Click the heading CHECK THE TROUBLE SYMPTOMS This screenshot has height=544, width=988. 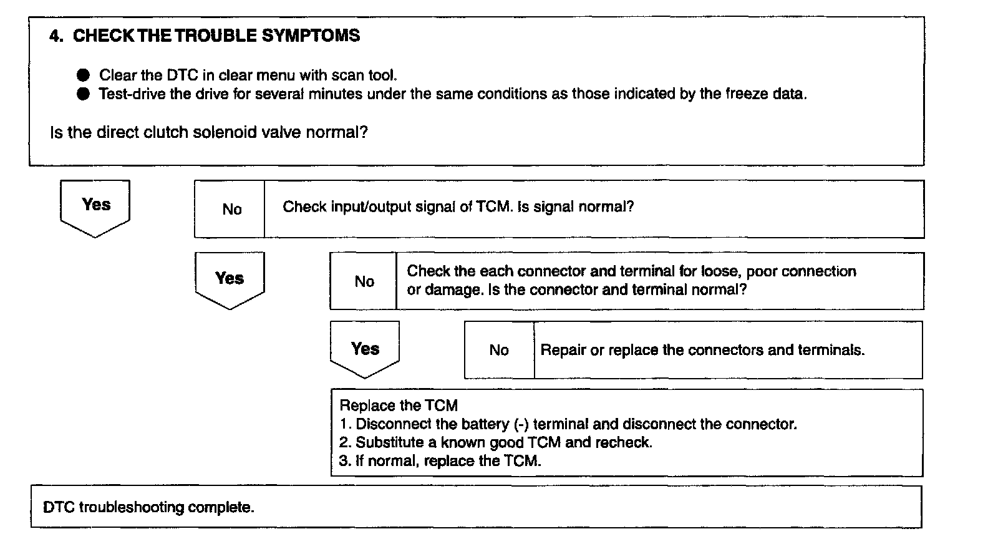coord(216,36)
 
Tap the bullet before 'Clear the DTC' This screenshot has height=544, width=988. coord(84,75)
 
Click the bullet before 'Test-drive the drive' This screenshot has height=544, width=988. coord(84,94)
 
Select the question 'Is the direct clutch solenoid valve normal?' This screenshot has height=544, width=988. coord(208,132)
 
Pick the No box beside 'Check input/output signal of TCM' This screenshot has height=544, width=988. coord(231,210)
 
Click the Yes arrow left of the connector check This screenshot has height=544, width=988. coord(230,279)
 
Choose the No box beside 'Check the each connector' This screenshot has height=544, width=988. coord(364,281)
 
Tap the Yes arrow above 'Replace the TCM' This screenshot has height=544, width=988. coord(365,349)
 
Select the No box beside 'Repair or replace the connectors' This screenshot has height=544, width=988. coord(499,350)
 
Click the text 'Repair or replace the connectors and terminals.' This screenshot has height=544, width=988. coord(702,350)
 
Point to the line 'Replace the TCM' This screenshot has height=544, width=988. coord(399,406)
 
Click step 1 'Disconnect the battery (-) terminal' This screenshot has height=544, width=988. coord(568,424)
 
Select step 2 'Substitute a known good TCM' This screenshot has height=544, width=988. coord(496,442)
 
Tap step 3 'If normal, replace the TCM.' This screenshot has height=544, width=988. coord(440,461)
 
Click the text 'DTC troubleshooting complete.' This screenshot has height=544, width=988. coord(148,507)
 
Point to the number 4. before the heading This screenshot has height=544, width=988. coord(56,36)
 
